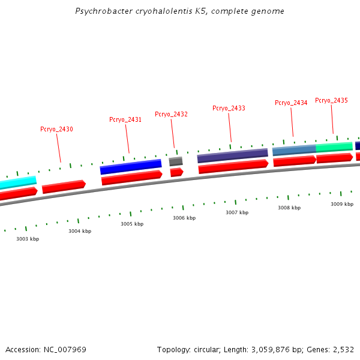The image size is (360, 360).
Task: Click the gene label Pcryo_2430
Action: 56,129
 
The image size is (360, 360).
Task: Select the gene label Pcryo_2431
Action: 125,119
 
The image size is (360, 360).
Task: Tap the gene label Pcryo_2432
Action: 171,114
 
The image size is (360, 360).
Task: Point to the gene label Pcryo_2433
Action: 229,108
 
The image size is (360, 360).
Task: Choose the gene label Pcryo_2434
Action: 291,103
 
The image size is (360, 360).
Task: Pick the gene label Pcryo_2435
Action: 331,100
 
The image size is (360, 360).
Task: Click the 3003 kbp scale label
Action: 28,239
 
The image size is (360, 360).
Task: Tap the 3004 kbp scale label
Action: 80,231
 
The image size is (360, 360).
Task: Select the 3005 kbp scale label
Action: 132,224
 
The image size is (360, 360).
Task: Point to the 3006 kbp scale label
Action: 184,218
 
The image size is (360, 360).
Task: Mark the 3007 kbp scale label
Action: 237,212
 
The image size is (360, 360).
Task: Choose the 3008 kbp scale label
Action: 289,208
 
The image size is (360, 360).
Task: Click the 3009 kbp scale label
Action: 342,204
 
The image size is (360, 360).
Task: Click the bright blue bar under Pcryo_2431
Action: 131,166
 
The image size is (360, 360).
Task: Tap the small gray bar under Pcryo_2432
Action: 176,161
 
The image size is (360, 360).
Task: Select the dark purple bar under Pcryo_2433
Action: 232,155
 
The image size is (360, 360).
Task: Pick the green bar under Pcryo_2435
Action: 334,146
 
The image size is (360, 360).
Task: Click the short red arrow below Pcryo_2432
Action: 176,172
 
